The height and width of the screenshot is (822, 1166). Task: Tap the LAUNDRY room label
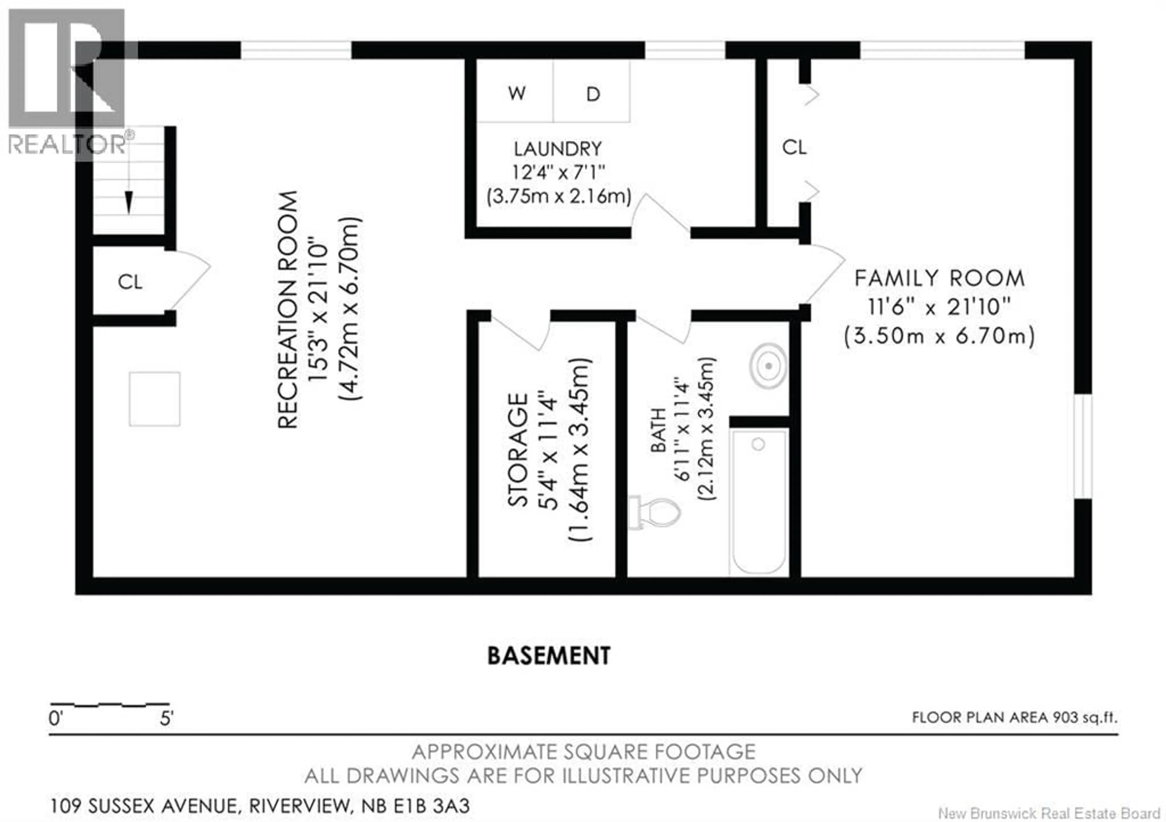557,149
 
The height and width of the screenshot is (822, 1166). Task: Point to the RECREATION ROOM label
288,309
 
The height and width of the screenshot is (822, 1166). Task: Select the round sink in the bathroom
768,365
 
